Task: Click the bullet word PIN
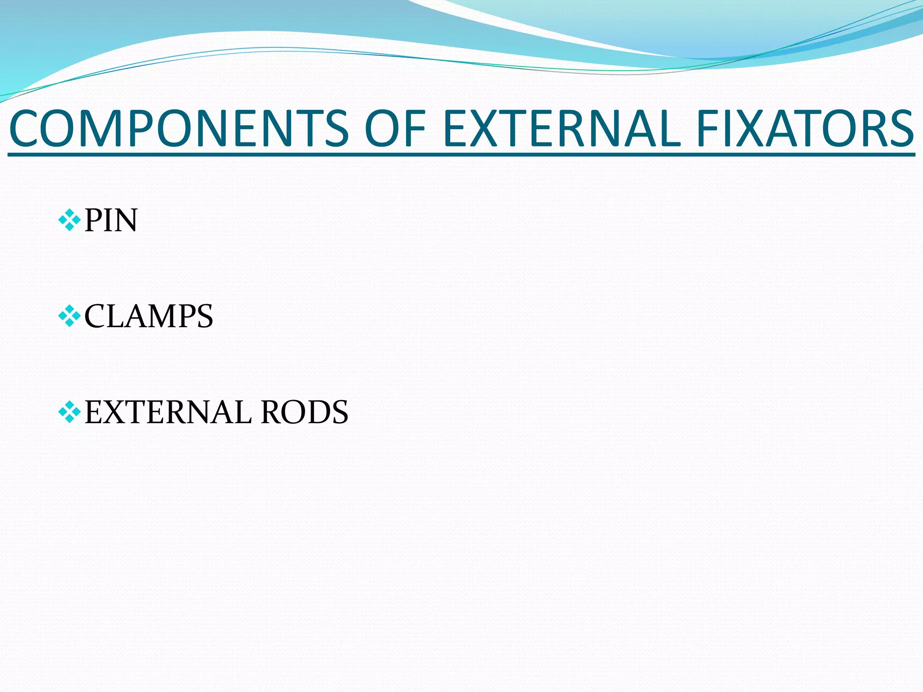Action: (111, 221)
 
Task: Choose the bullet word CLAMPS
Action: (149, 316)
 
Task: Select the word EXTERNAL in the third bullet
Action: (168, 412)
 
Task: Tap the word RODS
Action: (305, 412)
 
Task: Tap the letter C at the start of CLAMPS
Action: (95, 316)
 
